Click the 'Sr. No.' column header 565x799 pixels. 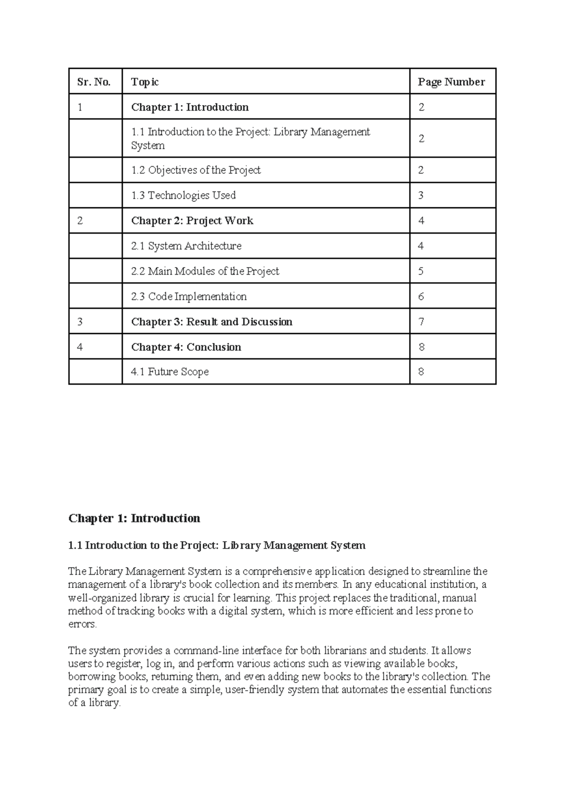coord(94,82)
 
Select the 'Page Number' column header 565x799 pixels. coord(451,82)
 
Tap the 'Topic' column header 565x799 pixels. coord(145,82)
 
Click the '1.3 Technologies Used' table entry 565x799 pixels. coord(183,195)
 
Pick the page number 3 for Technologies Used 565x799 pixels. coord(421,195)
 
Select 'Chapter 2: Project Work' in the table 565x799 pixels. coord(192,220)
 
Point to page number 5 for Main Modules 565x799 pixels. coord(421,271)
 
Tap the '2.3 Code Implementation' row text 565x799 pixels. coord(189,296)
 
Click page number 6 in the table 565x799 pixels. coord(421,296)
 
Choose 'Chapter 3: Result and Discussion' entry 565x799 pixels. coord(211,322)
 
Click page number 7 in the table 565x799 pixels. coord(421,322)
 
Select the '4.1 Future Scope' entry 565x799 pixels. coord(169,372)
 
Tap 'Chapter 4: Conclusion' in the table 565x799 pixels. coord(186,347)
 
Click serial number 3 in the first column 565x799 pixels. coord(80,322)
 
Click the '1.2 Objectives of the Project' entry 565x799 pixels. coord(195,170)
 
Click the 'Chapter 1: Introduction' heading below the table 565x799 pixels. coord(134,518)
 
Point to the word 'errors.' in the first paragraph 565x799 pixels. coord(82,624)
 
